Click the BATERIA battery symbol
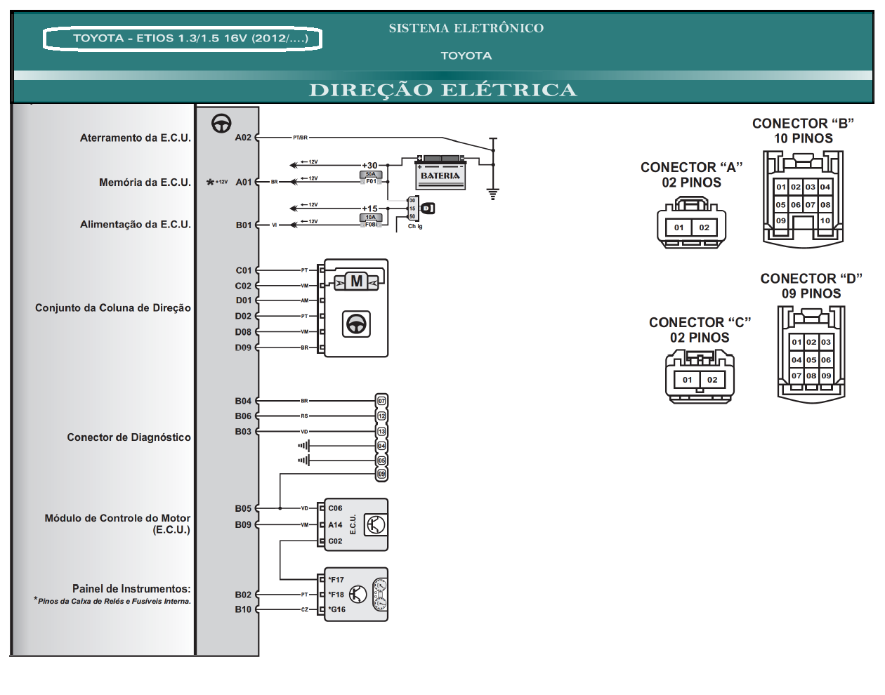(x=440, y=173)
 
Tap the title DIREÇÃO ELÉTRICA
(x=442, y=91)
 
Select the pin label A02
(x=243, y=138)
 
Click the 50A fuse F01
(x=371, y=178)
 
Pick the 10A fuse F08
(x=371, y=220)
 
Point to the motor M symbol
(x=357, y=282)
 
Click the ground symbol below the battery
(x=493, y=194)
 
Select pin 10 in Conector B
(x=825, y=220)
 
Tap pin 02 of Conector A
(x=704, y=227)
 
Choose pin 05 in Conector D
(x=811, y=359)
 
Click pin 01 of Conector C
(x=687, y=380)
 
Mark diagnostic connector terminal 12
(x=381, y=416)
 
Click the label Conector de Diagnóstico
(x=129, y=437)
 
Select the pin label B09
(x=243, y=524)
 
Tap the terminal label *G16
(x=337, y=609)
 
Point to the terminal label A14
(x=335, y=524)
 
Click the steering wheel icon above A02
(x=221, y=124)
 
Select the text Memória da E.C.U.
(x=145, y=183)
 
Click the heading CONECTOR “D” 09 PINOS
(x=811, y=286)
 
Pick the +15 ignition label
(x=369, y=208)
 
